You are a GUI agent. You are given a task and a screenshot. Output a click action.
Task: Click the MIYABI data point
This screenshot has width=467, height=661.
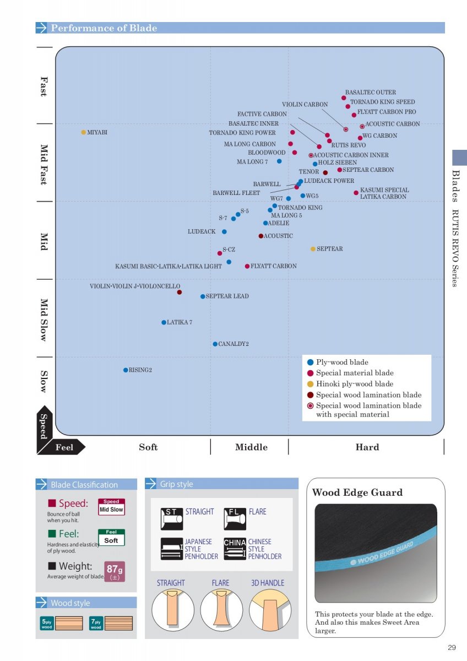pos(83,132)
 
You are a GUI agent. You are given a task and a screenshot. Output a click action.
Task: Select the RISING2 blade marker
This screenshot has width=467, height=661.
pos(126,370)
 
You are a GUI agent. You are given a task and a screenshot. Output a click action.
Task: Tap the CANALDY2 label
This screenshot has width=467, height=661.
pos(233,344)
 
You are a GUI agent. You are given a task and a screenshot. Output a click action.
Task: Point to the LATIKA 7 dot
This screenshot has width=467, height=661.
pos(164,322)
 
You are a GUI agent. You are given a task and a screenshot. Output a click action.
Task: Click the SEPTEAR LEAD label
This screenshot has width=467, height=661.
pos(227,296)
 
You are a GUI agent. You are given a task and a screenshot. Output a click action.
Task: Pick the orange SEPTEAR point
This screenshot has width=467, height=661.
pos(313,249)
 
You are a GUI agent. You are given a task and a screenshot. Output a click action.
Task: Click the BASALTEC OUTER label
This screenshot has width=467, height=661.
pos(370,93)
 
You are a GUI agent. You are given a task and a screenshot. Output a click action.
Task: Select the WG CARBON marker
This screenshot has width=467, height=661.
pos(360,138)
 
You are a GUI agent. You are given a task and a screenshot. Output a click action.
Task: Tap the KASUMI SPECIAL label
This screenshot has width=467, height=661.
pos(384,190)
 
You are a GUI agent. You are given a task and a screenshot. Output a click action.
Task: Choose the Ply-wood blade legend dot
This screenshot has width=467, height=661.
pos(310,362)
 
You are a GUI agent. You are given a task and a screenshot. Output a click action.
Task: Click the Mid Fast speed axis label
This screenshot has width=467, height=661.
pos(44,165)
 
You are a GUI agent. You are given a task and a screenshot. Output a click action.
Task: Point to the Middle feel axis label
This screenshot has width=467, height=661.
pos(251,447)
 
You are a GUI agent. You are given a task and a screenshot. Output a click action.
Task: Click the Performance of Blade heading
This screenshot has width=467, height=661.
pos(104,28)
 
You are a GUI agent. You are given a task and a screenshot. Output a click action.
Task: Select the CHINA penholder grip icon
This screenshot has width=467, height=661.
pos(235,549)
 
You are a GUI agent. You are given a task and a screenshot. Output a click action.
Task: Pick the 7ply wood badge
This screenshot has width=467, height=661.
pos(96,624)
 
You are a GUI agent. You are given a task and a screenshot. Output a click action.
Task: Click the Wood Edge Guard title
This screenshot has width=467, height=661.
pos(357,492)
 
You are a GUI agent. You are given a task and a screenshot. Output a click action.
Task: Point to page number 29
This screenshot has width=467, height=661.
pos(452,648)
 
